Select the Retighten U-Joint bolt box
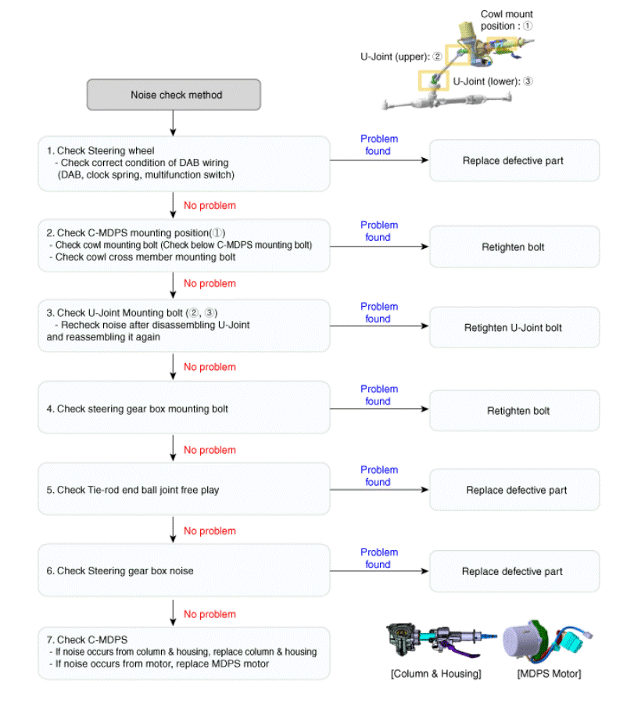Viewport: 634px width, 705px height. [x=514, y=328]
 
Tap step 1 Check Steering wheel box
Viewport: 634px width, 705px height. [x=184, y=163]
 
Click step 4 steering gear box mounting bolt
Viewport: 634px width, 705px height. [x=184, y=408]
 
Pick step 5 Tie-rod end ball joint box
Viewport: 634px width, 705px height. [x=184, y=490]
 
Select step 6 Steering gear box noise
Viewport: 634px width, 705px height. [x=184, y=571]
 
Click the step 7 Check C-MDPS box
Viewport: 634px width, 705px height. [x=184, y=653]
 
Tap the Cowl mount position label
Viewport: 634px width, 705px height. [x=507, y=20]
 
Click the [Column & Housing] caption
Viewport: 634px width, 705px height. [x=435, y=674]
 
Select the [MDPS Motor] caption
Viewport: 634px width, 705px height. [x=549, y=674]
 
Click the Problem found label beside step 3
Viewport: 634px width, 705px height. [x=379, y=313]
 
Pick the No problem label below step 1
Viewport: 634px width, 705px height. [x=210, y=206]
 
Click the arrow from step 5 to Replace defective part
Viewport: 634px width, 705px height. [x=379, y=490]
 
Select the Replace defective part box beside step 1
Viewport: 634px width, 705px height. [x=514, y=161]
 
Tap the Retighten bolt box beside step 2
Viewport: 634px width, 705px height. [x=514, y=247]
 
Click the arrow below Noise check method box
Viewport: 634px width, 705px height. [x=173, y=123]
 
